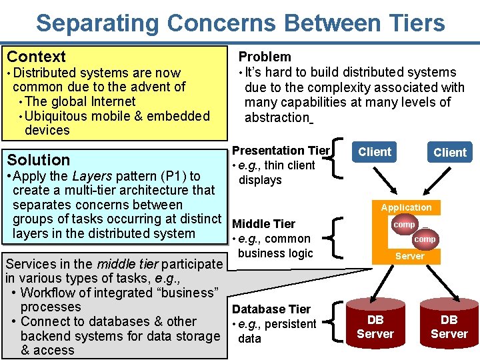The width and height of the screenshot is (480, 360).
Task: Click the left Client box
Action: click(x=375, y=152)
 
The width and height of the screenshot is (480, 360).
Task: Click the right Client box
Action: click(x=450, y=153)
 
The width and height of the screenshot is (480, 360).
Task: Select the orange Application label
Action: click(x=406, y=207)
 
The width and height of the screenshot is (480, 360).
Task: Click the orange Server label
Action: click(x=409, y=256)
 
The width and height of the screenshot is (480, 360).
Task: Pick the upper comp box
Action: click(x=404, y=225)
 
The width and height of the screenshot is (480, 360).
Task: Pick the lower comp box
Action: click(x=425, y=239)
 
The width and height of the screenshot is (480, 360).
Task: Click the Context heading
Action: click(x=36, y=57)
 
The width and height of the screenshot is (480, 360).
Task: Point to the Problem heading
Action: click(x=265, y=57)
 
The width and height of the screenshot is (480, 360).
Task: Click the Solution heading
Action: click(x=38, y=160)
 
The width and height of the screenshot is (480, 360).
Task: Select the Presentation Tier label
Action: click(x=281, y=151)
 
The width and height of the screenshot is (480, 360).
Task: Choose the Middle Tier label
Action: click(x=263, y=224)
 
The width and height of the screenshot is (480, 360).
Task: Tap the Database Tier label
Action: click(x=271, y=309)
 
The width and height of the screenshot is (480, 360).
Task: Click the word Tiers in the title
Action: click(x=413, y=23)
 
